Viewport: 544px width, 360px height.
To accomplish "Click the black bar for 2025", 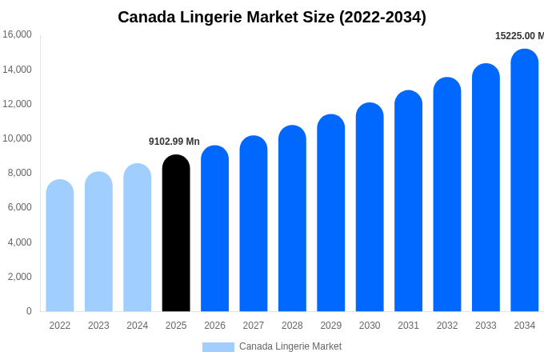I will (x=176, y=234).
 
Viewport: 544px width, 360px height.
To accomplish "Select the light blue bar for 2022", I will (x=60, y=246).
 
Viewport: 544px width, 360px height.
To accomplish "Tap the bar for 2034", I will (x=525, y=181).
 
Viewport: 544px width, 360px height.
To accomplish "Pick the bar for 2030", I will (x=370, y=207).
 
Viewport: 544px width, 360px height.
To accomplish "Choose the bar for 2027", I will (x=254, y=224).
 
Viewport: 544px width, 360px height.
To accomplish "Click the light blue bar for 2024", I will (x=138, y=238).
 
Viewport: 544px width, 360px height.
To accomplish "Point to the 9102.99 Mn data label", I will (x=174, y=142).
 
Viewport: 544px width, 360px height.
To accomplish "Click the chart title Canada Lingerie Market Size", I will (x=272, y=17).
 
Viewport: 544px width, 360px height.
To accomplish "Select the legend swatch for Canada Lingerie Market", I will (x=218, y=347).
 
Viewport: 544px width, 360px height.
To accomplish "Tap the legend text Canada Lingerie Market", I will (x=290, y=346).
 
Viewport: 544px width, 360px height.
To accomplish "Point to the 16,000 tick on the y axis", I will (x=17, y=34).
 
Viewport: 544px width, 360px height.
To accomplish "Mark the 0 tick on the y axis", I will (x=29, y=311).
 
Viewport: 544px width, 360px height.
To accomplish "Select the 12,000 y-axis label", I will (x=17, y=104).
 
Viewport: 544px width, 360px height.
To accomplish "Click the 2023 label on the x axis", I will (x=98, y=326).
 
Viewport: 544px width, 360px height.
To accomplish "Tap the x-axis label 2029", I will (x=331, y=326).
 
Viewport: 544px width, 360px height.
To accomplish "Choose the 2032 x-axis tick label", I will (x=447, y=326).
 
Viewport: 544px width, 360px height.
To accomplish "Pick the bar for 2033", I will (x=486, y=188).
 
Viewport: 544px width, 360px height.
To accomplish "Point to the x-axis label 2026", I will (x=214, y=326).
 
